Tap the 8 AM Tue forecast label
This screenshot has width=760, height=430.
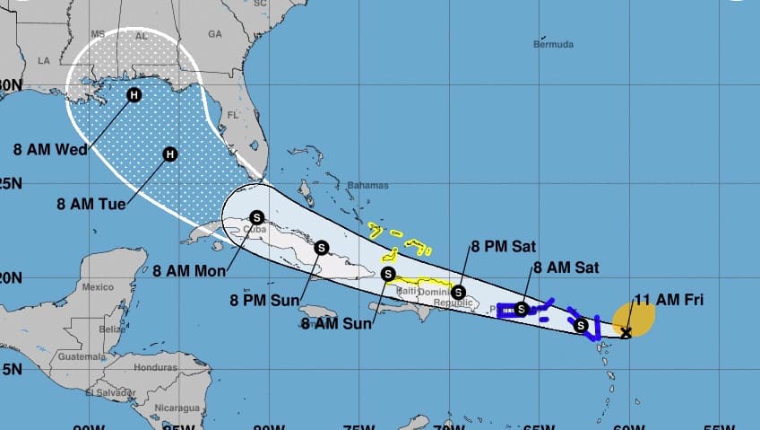pos(87,205)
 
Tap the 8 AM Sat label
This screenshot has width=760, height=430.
pos(566,267)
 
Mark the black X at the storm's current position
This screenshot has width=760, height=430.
pos(626,333)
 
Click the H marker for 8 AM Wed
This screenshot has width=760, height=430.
pos(134,95)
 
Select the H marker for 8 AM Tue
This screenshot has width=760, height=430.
pos(169,154)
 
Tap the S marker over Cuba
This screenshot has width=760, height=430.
pos(257,217)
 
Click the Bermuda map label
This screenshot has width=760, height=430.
pos(553,43)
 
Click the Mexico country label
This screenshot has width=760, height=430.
pos(98,287)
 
